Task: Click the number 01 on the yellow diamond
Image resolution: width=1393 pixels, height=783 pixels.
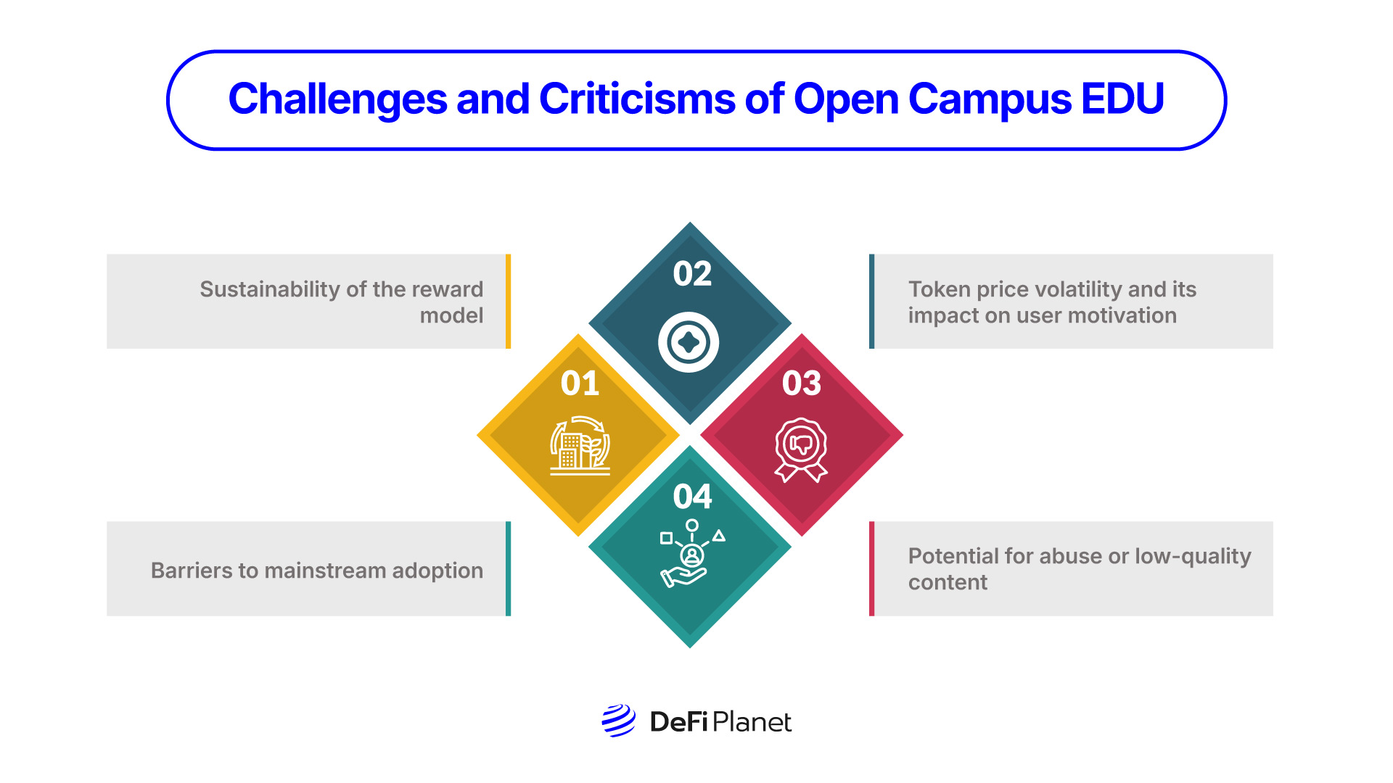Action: click(580, 384)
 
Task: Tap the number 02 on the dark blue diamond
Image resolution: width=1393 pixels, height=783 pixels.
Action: click(692, 274)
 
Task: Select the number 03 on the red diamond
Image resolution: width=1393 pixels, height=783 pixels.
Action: click(801, 384)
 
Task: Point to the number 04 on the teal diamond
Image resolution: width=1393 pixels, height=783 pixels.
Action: click(692, 497)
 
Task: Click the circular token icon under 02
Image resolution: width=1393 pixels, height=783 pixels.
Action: click(689, 342)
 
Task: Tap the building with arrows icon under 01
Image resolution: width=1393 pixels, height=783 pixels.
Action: click(580, 446)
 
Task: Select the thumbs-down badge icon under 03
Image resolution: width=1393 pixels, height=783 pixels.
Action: click(801, 448)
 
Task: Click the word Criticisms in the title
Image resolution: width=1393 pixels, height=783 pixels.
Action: click(636, 99)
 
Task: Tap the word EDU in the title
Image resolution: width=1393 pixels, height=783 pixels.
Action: click(1122, 99)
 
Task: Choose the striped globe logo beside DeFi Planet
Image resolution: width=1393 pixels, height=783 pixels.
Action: click(618, 721)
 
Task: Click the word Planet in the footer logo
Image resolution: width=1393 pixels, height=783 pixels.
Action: click(752, 722)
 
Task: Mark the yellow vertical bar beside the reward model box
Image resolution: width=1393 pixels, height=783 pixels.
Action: click(508, 301)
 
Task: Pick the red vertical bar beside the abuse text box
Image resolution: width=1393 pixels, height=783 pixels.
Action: click(871, 568)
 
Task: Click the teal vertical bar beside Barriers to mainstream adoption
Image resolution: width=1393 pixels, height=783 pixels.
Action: click(508, 568)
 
